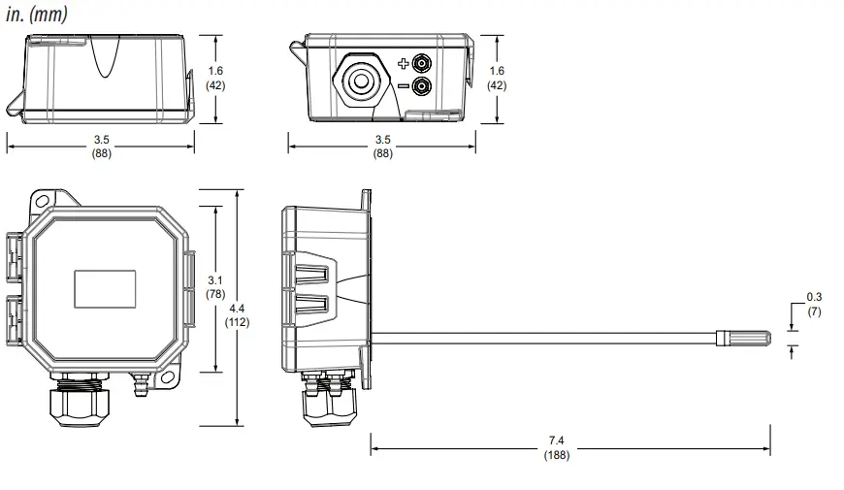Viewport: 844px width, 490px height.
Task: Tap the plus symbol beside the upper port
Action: coord(404,64)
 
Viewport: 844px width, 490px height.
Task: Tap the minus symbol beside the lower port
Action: coord(404,87)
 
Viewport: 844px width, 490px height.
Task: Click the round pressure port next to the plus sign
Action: coord(422,64)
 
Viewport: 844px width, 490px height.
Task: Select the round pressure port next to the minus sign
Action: coord(422,87)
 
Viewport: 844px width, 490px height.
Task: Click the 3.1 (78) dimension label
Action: coord(214,287)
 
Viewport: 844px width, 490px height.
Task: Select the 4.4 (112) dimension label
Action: coord(237,314)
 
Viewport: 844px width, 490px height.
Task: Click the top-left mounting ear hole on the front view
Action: coord(41,201)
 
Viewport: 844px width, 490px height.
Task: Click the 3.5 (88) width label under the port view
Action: coord(383,147)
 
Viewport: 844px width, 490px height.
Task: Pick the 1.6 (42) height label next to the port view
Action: coord(497,78)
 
